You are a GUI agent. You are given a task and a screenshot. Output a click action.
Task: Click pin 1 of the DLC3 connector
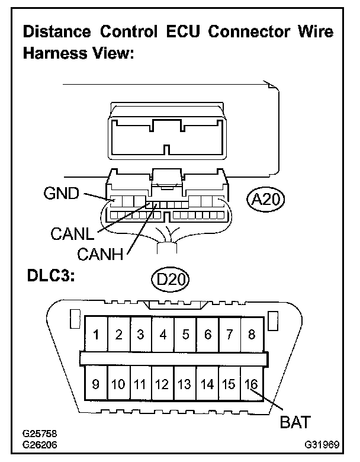(96, 335)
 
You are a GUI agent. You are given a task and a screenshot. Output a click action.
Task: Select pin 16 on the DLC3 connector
(251, 384)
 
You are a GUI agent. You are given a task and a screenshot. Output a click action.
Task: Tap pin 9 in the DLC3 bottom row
(96, 384)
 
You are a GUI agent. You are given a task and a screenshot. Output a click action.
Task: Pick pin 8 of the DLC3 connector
(251, 335)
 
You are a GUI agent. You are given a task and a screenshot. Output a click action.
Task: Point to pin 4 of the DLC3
(163, 335)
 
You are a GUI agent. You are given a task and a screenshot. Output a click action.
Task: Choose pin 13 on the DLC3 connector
(185, 384)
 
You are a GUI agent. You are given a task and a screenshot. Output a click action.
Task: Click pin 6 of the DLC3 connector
(207, 335)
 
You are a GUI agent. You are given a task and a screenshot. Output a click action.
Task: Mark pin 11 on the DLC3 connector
(140, 384)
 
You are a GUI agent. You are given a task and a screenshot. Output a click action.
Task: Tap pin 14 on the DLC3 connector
(207, 384)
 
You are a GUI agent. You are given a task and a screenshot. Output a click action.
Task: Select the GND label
(61, 192)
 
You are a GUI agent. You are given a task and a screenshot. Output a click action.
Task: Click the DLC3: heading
(51, 276)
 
